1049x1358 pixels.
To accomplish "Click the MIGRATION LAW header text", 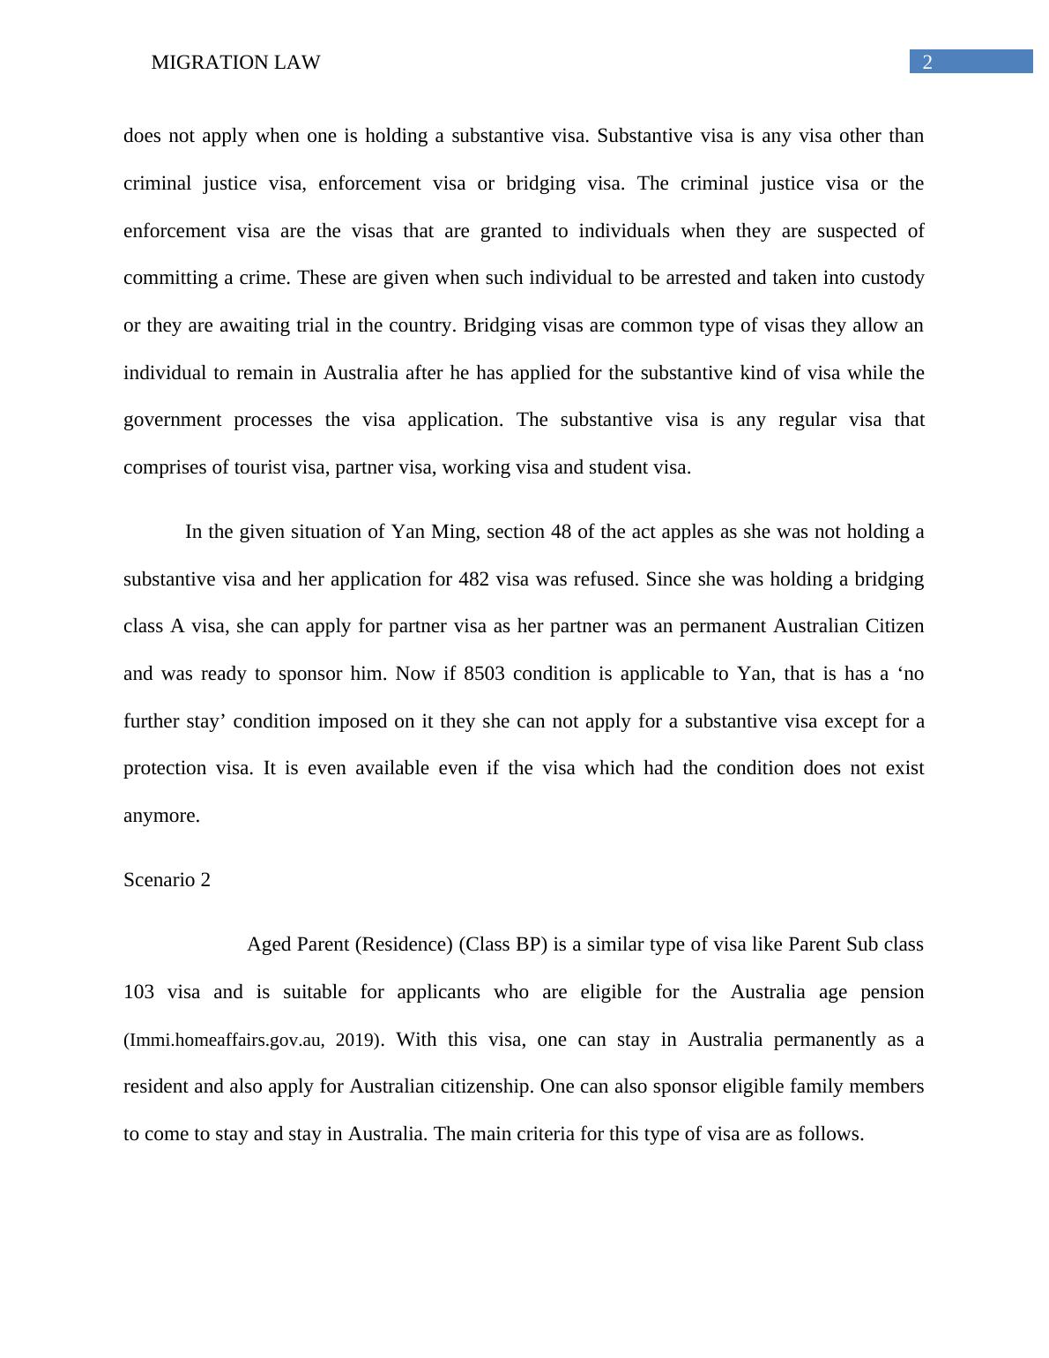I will coord(235,63).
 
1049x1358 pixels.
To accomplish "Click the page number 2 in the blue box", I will coord(926,63).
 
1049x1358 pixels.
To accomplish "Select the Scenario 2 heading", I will coord(167,880).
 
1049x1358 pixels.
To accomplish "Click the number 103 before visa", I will coord(139,992).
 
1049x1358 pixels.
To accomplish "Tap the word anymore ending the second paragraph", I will coord(161,816).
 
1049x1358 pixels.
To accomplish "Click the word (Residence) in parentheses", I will coord(404,944).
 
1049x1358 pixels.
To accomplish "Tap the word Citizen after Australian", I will coord(893,626).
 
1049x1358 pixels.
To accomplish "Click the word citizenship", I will coord(487,1086).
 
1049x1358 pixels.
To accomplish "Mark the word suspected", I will coord(859,231).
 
